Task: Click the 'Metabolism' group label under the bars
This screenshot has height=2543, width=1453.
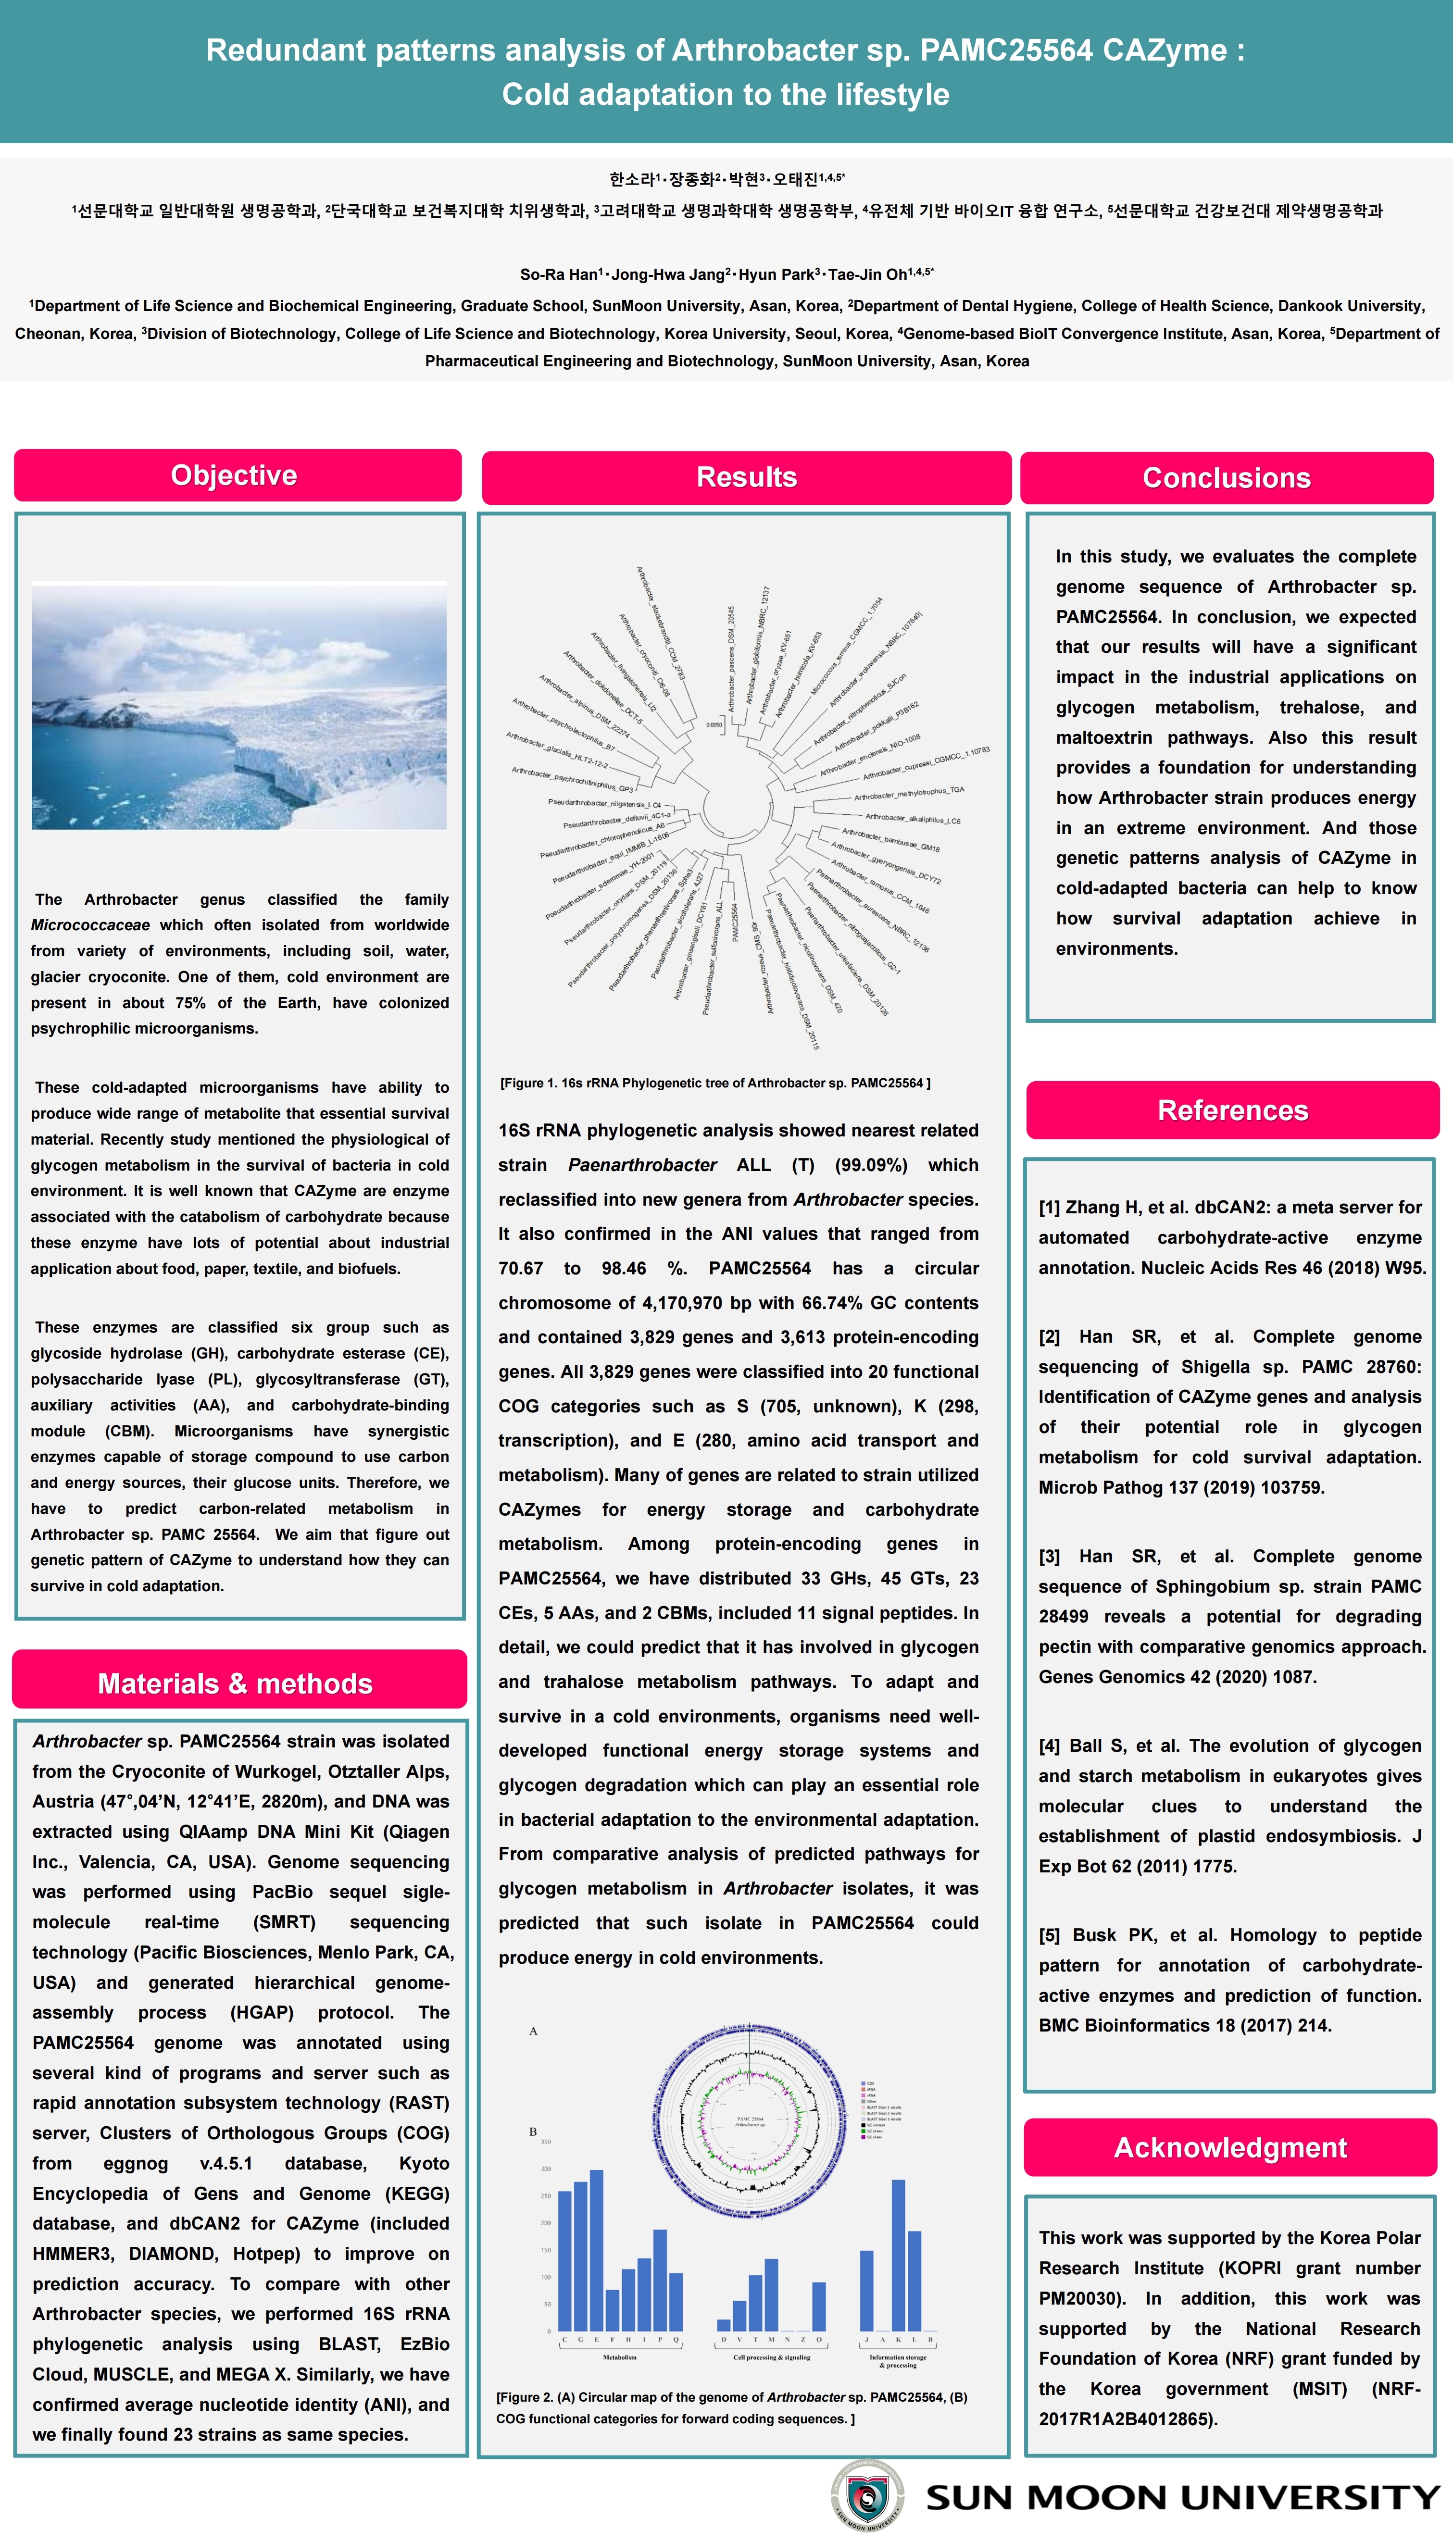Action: pyautogui.click(x=620, y=2357)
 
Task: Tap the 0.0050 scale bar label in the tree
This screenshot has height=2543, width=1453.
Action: pyautogui.click(x=714, y=725)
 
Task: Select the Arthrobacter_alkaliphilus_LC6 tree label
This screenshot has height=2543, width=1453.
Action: pyautogui.click(x=912, y=818)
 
